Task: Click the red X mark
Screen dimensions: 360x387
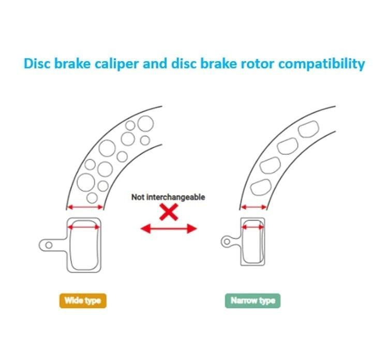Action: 168,212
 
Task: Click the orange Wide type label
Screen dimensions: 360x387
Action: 82,300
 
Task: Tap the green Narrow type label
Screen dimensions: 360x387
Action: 252,300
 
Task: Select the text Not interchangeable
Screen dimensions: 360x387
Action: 168,197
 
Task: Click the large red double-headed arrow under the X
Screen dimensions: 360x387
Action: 169,228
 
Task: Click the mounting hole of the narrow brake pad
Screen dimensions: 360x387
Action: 226,240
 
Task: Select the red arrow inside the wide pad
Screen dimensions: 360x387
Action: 85,226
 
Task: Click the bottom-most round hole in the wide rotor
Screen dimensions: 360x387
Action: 92,197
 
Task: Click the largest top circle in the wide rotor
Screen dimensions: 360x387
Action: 145,123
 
